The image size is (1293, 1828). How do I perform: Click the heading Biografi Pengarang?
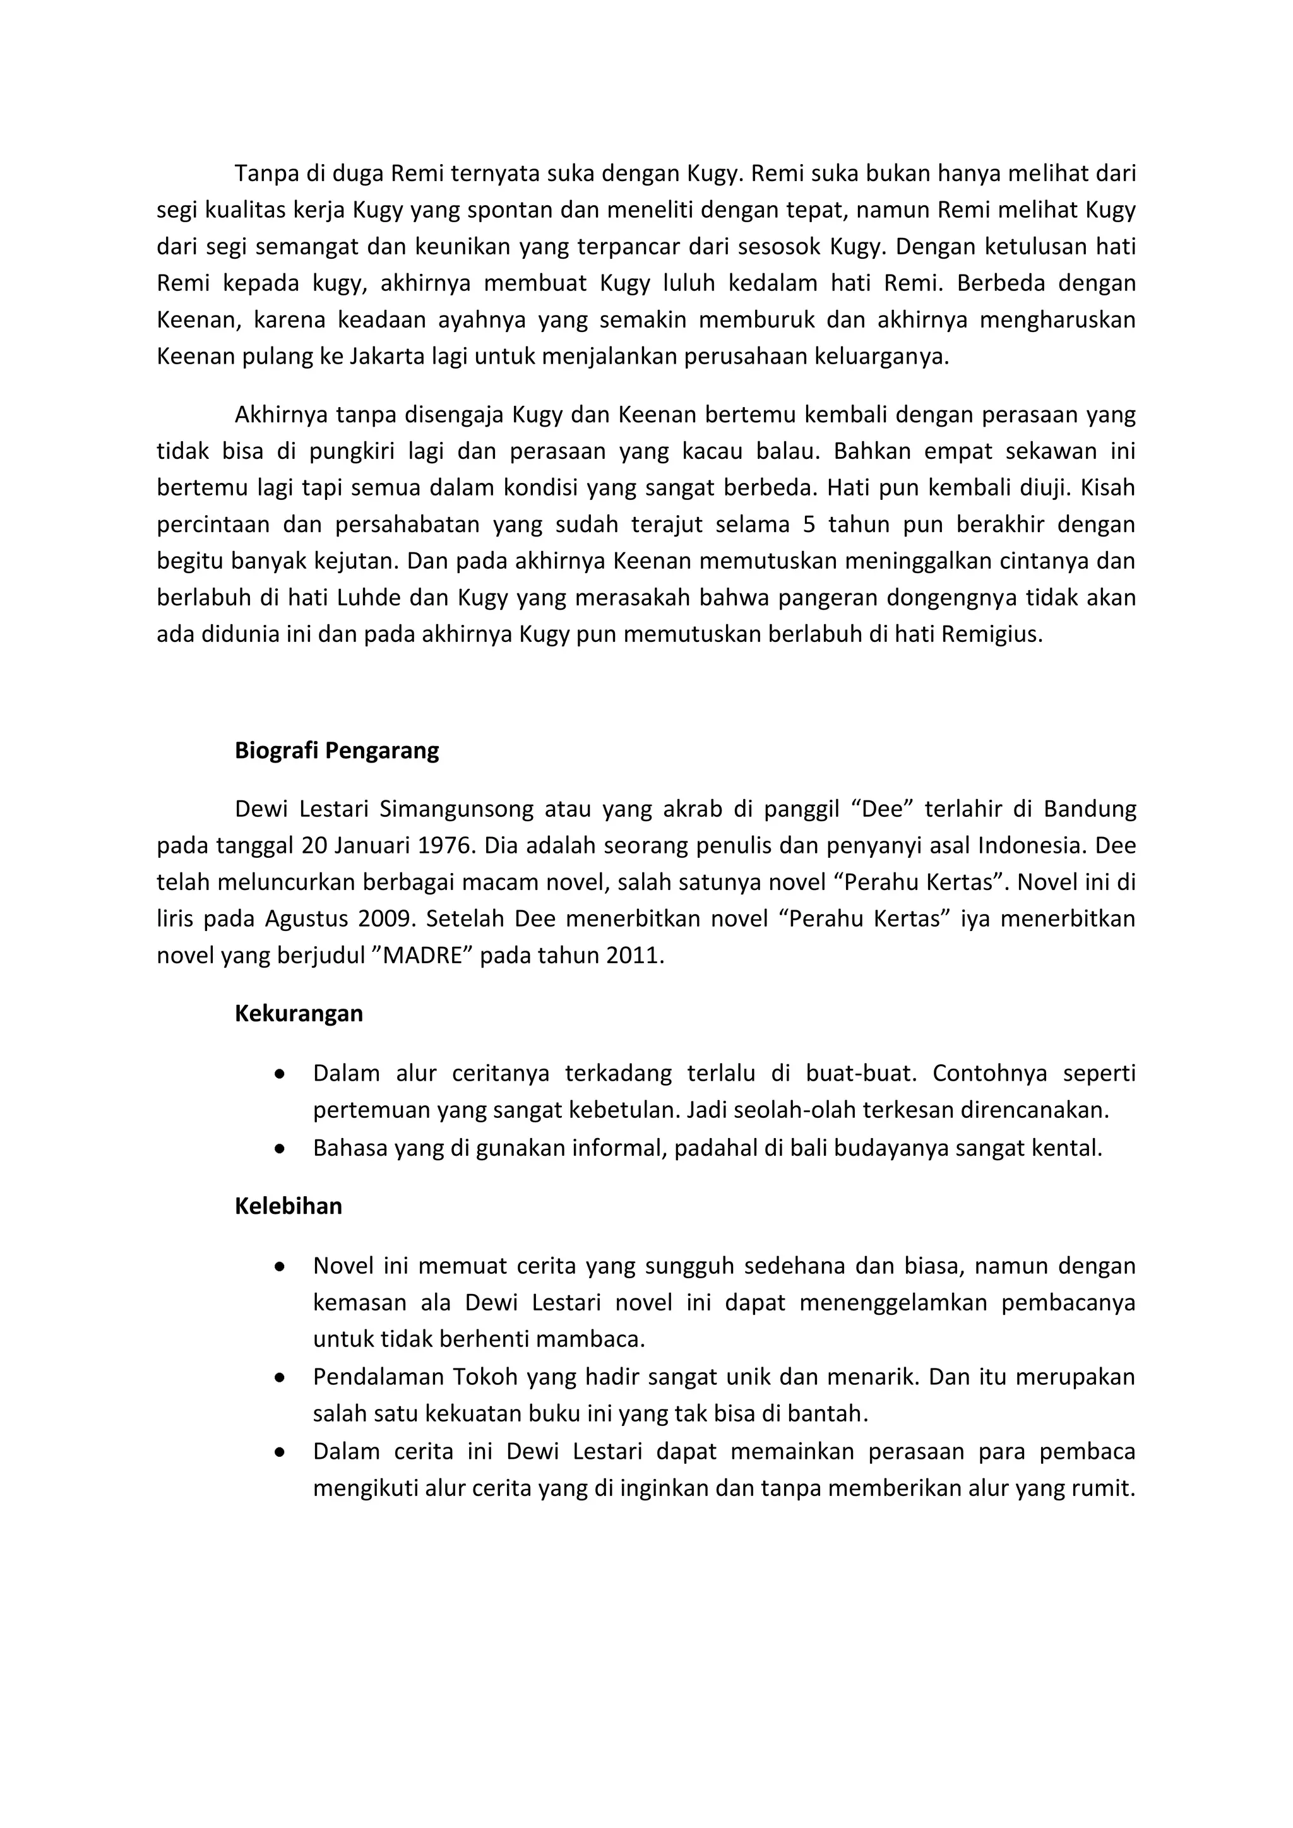[336, 751]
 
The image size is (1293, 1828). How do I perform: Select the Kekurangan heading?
[299, 1014]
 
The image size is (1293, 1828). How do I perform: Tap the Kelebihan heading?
[289, 1206]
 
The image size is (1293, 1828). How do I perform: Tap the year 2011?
[634, 956]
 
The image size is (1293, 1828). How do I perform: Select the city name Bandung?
[1090, 809]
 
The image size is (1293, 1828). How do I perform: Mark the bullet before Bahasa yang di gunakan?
[278, 1149]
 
